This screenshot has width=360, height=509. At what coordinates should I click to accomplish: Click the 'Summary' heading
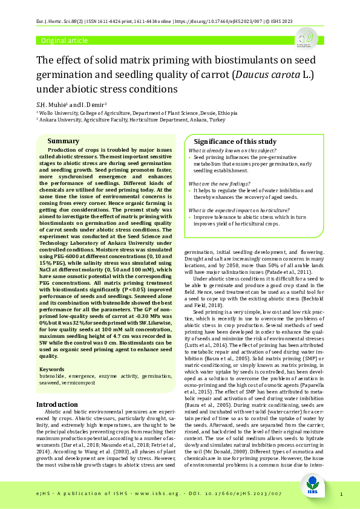pyautogui.click(x=63, y=140)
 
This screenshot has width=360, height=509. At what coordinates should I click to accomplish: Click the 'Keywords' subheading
pyautogui.click(x=51, y=369)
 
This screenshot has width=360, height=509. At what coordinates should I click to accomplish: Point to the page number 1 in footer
pyautogui.click(x=342, y=494)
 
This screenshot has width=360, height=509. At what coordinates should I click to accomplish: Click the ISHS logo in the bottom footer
pyautogui.click(x=314, y=494)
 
